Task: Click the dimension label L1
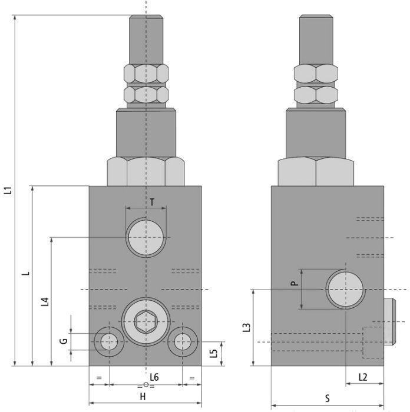[x=8, y=191]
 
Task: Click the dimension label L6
[x=154, y=377]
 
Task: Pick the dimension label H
[x=143, y=397]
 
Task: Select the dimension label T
[x=152, y=202]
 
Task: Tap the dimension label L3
[x=247, y=327]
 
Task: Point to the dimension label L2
[x=362, y=377]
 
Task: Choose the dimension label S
[x=327, y=398]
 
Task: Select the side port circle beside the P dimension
[x=346, y=289]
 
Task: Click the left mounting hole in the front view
[x=108, y=341]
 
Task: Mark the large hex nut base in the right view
[x=316, y=171]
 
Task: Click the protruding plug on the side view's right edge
[x=387, y=321]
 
